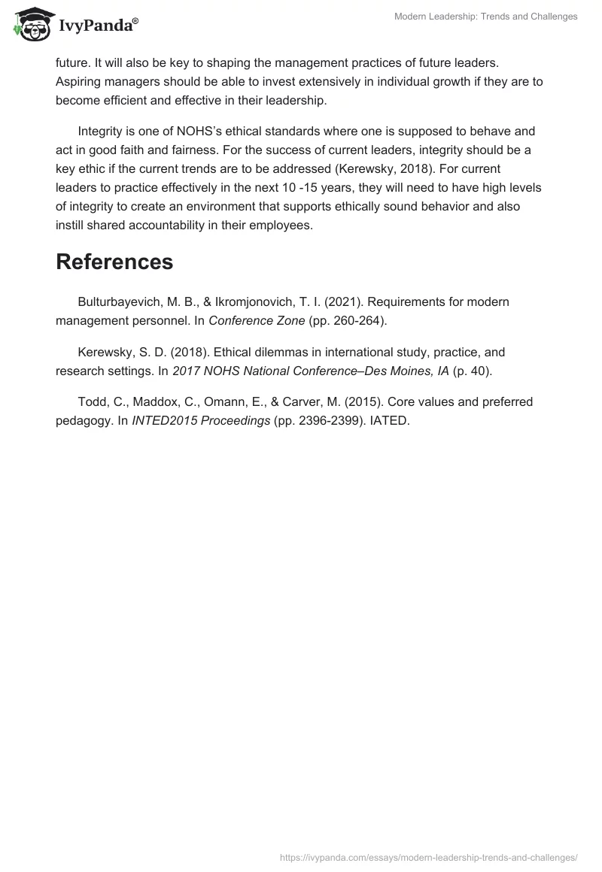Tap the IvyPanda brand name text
tap(97, 25)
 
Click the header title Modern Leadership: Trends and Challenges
tap(486, 17)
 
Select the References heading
tap(114, 262)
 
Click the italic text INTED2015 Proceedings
tap(201, 420)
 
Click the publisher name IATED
tap(389, 420)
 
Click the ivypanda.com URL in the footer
tap(428, 856)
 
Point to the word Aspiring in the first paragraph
tap(80, 81)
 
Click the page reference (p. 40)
tap(473, 371)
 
